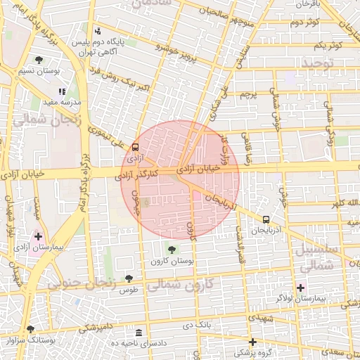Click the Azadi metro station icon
[135, 147]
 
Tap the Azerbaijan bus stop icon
[266, 219]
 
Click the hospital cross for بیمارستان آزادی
[38, 236]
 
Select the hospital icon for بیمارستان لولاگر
[301, 287]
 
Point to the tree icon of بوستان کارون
[172, 249]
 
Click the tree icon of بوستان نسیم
[38, 60]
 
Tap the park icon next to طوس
[128, 279]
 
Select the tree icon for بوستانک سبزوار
[30, 328]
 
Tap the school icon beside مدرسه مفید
[62, 91]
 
